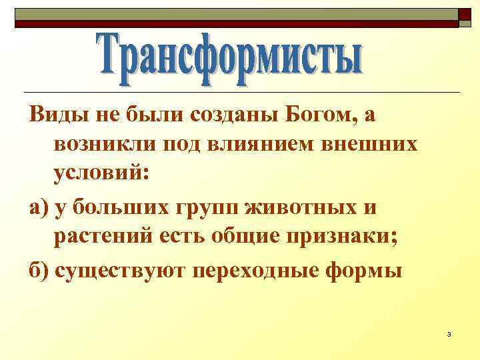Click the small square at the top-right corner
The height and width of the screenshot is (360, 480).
click(465, 15)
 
